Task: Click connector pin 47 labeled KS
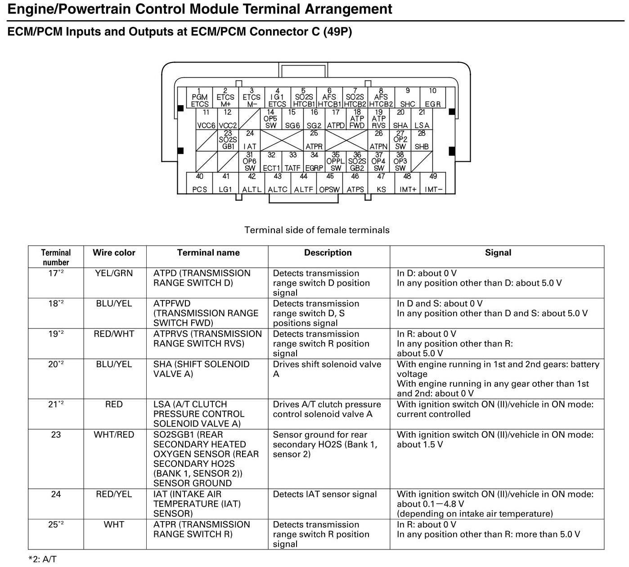pyautogui.click(x=381, y=183)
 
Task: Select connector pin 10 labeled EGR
pyautogui.click(x=432, y=97)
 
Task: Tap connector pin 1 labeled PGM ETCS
pyautogui.click(x=199, y=97)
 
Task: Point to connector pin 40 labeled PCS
pyautogui.click(x=199, y=183)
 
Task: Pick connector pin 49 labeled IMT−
pyautogui.click(x=433, y=183)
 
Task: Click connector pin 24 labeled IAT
pyautogui.click(x=250, y=140)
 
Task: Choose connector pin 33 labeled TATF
pyautogui.click(x=292, y=162)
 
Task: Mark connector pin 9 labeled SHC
pyautogui.click(x=407, y=97)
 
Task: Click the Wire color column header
pyautogui.click(x=114, y=252)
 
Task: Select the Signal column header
pyautogui.click(x=498, y=252)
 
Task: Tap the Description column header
pyautogui.click(x=328, y=252)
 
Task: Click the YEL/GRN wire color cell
pyautogui.click(x=114, y=273)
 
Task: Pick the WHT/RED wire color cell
pyautogui.click(x=114, y=434)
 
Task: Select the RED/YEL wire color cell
pyautogui.click(x=114, y=494)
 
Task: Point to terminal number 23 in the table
pyautogui.click(x=56, y=434)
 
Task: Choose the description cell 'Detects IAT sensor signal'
pyautogui.click(x=325, y=494)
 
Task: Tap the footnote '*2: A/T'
pyautogui.click(x=42, y=559)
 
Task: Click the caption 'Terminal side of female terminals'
pyautogui.click(x=317, y=230)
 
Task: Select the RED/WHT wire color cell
pyautogui.click(x=114, y=334)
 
